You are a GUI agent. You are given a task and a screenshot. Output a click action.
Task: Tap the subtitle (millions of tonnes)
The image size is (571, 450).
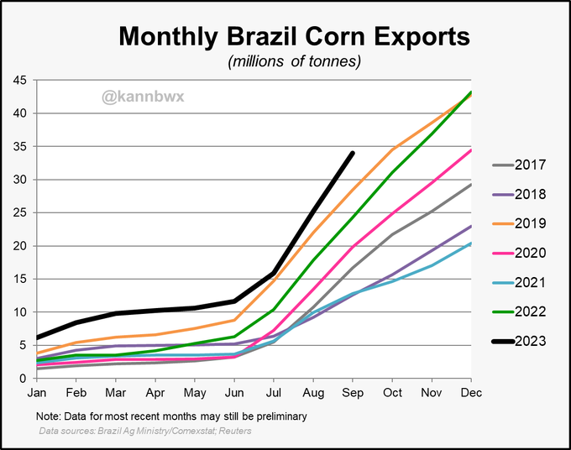294,61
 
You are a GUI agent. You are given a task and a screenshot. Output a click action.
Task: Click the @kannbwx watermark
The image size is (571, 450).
142,97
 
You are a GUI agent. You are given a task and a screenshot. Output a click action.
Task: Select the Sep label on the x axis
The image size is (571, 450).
353,393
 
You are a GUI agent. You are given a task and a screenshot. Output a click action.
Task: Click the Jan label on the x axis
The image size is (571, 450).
36,393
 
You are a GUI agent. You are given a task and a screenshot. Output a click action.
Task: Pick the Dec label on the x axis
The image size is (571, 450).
470,393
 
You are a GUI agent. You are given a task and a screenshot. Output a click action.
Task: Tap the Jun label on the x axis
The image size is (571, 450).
233,393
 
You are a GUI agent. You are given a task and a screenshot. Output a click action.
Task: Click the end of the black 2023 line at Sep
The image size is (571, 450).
353,153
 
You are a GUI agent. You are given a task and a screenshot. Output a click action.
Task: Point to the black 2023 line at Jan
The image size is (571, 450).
37,337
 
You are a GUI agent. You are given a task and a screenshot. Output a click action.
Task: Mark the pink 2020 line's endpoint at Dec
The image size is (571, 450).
470,150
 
